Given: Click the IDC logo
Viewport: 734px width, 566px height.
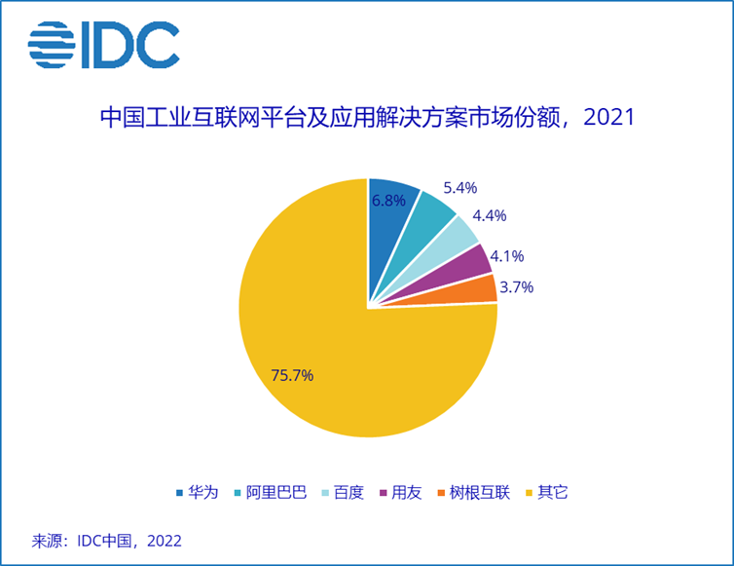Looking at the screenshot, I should pyautogui.click(x=103, y=46).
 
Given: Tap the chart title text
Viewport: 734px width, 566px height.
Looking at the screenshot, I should pyautogui.click(x=367, y=119).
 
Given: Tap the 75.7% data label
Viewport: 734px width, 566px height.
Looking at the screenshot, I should pyautogui.click(x=291, y=375).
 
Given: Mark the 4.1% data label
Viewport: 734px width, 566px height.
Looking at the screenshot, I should pyautogui.click(x=506, y=256).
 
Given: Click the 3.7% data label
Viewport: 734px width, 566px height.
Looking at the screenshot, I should pyautogui.click(x=516, y=287).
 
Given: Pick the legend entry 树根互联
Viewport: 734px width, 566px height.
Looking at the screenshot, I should pyautogui.click(x=472, y=491).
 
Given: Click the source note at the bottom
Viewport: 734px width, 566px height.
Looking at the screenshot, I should pyautogui.click(x=107, y=540).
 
